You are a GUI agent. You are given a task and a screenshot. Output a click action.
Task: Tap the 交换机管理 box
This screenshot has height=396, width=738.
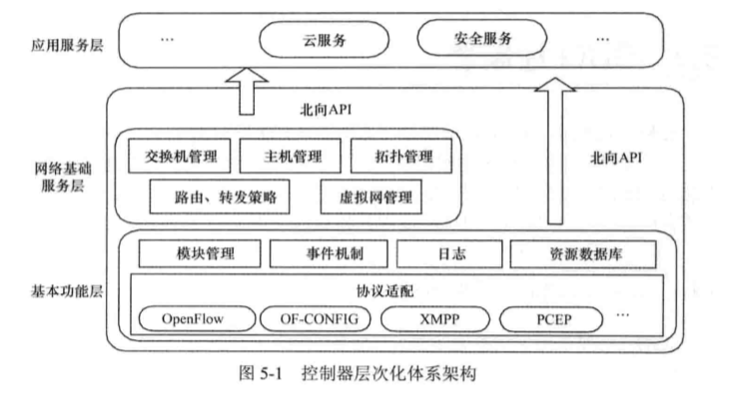pyautogui.click(x=181, y=157)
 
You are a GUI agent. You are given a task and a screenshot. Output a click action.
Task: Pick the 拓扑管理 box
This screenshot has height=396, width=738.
pyautogui.click(x=402, y=157)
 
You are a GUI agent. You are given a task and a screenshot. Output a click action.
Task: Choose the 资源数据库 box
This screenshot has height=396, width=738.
pyautogui.click(x=583, y=253)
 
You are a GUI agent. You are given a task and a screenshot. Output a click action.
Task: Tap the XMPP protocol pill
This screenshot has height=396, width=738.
pyautogui.click(x=436, y=320)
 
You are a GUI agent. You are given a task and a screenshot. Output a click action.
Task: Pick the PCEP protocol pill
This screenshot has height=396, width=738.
pyautogui.click(x=552, y=320)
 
